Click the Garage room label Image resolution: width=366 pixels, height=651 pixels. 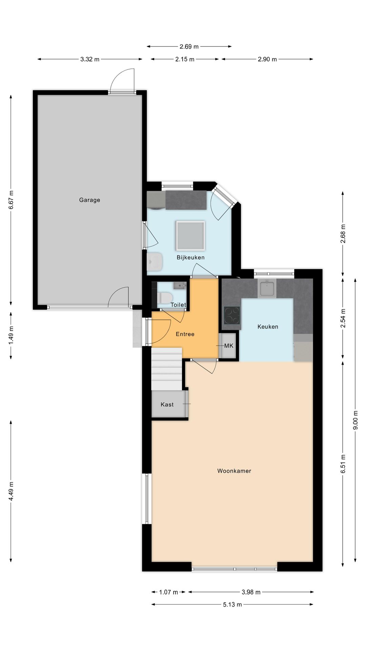[89, 200]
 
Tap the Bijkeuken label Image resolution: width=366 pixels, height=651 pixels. [190, 257]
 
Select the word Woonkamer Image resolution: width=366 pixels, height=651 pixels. [234, 471]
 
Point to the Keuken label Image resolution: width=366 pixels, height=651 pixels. [268, 327]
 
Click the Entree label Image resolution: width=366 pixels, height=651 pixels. [185, 334]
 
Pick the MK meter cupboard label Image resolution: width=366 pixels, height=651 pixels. [229, 346]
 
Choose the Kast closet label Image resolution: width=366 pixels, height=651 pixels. [167, 404]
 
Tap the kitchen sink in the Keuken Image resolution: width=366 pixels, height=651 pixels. [267, 288]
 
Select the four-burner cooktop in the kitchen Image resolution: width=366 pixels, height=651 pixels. [232, 315]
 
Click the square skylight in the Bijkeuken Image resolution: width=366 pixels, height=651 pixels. [190, 235]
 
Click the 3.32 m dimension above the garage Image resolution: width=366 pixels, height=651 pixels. [90, 59]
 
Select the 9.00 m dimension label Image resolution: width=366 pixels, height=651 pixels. [355, 420]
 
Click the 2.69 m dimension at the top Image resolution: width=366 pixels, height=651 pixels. [189, 46]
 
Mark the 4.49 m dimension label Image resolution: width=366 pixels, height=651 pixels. [11, 491]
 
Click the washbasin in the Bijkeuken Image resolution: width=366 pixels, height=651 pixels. [155, 261]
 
